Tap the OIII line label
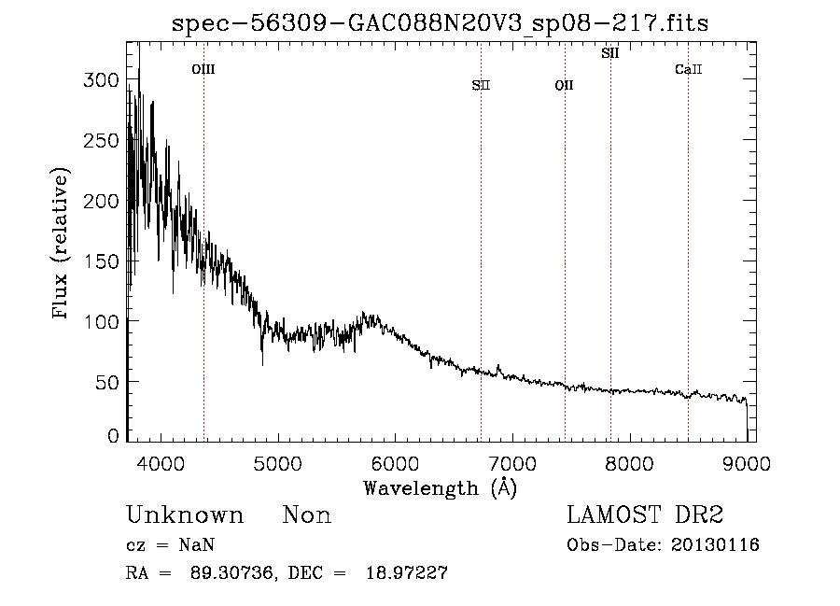(x=203, y=69)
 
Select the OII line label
(x=564, y=86)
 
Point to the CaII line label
(x=688, y=69)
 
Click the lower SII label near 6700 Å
(x=481, y=86)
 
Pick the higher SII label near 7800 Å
(x=610, y=54)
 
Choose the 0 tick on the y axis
(x=113, y=436)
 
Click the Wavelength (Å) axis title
(x=440, y=487)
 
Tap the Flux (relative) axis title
(x=62, y=245)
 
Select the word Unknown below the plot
(x=185, y=515)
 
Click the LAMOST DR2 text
(x=644, y=515)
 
